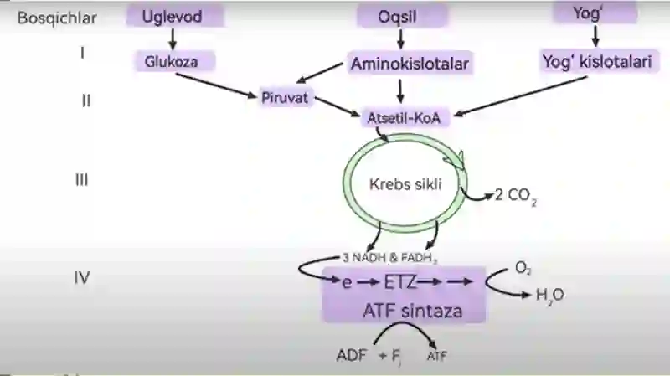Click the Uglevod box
tap(175, 16)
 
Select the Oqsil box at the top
tap(402, 17)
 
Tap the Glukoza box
tap(175, 61)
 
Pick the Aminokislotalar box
tap(410, 64)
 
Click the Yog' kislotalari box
tap(599, 61)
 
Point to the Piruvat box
tap(285, 98)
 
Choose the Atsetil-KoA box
tap(405, 118)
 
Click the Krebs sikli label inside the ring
tap(405, 184)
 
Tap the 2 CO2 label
tap(516, 196)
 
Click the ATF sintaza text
tap(413, 311)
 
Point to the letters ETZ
tap(400, 282)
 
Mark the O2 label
tap(523, 268)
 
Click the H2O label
tap(550, 295)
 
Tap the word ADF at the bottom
tap(351, 355)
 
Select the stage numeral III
tap(81, 179)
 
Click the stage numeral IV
tap(82, 278)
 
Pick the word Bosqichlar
tap(57, 18)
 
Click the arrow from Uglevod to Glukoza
tap(173, 39)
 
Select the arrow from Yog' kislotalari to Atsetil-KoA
tap(521, 96)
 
